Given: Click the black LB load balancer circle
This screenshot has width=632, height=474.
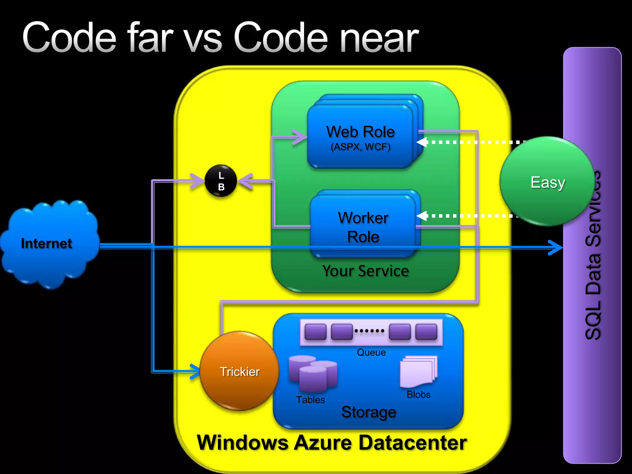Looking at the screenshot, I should tap(221, 181).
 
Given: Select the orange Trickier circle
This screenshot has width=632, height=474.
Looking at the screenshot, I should tap(239, 371).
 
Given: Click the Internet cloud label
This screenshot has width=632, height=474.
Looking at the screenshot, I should tap(47, 243).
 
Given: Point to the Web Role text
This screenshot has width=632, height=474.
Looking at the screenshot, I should tap(360, 132).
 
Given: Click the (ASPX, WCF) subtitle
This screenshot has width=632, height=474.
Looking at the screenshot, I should tap(360, 147).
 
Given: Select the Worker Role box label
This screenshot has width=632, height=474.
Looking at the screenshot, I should tap(363, 227).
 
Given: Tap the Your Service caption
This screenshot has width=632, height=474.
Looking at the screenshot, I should tap(366, 271).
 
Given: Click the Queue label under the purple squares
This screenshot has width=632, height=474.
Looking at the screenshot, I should tap(371, 352).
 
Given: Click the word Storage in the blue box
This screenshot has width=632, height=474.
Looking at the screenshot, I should tap(369, 412).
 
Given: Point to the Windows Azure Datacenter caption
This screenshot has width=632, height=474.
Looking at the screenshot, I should tap(332, 443).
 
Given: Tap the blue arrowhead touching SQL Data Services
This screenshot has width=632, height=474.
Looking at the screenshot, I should tap(557, 247).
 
